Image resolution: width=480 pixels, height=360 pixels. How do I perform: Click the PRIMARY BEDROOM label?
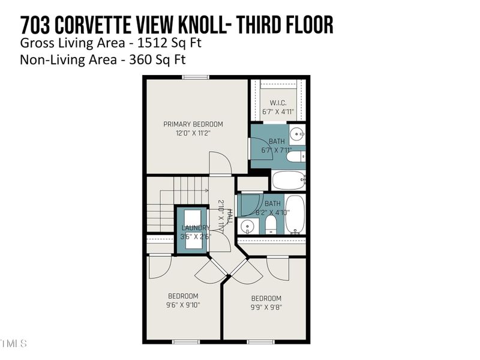193,124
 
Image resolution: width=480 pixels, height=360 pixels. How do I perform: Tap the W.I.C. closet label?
278,102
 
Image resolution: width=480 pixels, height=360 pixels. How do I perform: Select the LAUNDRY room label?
196,227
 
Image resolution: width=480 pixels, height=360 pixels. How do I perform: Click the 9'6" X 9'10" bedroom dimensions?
183,305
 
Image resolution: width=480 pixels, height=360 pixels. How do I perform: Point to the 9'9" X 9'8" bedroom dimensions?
266,307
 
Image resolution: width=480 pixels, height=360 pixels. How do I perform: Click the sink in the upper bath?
296,133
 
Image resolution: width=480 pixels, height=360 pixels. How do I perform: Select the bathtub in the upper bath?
289,180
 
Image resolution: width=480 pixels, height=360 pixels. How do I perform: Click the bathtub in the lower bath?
295,215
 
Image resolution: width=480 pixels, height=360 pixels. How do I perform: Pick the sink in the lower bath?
248,226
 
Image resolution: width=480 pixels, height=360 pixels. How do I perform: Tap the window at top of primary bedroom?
196,76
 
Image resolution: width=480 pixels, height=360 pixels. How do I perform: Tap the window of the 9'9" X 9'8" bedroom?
261,342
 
